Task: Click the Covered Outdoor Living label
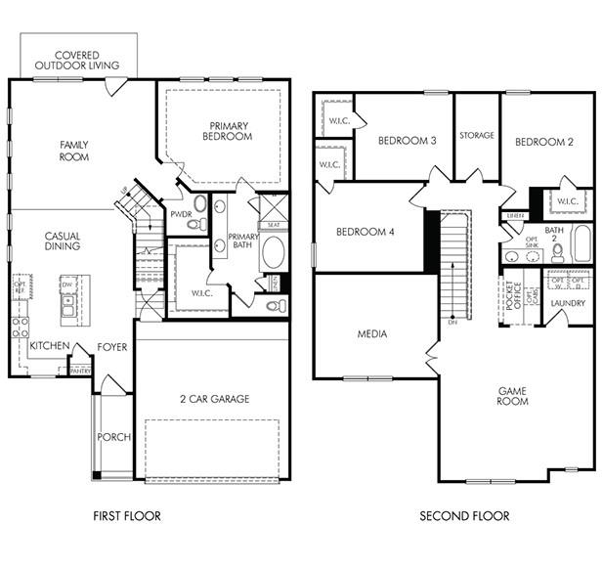coord(77,61)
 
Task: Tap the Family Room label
coord(74,151)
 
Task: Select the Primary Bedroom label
coord(229,131)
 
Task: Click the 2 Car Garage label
coord(214,398)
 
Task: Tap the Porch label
coord(113,437)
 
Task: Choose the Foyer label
coord(111,347)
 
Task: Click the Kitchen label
coord(49,346)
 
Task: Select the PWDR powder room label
coord(180,214)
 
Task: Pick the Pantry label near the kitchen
coord(80,371)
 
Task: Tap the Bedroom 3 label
coord(407,141)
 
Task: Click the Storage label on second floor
coord(477,136)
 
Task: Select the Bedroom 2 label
coord(543,142)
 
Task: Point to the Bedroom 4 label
coord(365,232)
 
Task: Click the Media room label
coord(371,334)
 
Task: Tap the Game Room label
coord(512,395)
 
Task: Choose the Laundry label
coord(568,303)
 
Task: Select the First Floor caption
coord(127,515)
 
